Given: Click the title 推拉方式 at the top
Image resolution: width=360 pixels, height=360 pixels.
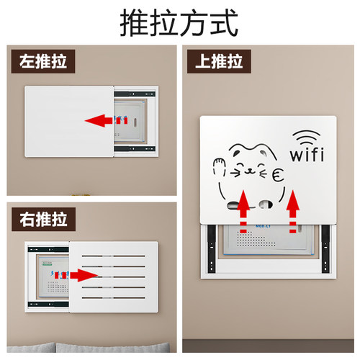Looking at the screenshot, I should [x=179, y=22].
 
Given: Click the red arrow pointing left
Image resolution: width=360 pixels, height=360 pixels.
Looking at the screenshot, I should [x=102, y=120].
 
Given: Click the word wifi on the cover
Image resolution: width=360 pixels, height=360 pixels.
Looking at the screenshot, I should [x=307, y=155].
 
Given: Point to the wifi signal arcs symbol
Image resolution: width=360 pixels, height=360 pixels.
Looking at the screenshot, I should [x=307, y=136].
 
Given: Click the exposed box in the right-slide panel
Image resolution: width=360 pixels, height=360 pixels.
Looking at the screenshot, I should [x=48, y=277].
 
